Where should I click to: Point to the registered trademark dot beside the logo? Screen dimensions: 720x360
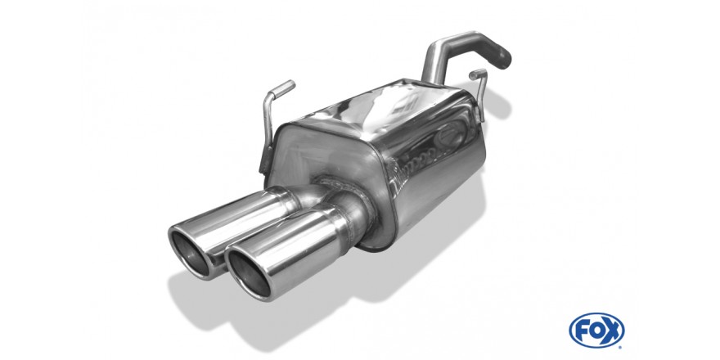pyautogui.click(x=621, y=345)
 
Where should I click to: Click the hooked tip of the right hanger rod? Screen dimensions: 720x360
pyautogui.click(x=478, y=74)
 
